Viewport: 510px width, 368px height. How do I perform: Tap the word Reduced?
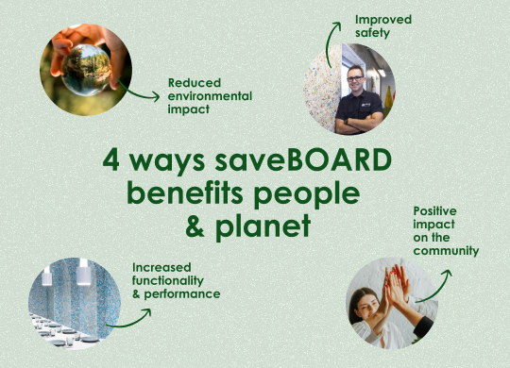tap(195, 82)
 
